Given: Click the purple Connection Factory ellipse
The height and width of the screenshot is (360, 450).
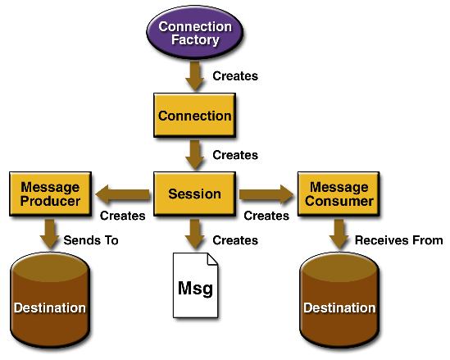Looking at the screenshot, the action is (x=195, y=33).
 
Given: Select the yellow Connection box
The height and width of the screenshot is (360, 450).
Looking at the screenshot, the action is (x=195, y=115).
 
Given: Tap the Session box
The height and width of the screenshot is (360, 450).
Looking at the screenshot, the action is (x=195, y=194).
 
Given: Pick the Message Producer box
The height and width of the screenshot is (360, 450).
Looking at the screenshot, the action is (x=51, y=194).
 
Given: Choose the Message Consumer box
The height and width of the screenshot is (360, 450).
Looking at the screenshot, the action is (x=339, y=194).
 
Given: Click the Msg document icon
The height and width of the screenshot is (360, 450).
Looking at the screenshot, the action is (x=195, y=285).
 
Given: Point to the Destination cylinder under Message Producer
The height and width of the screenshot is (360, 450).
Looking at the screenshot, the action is (x=50, y=300).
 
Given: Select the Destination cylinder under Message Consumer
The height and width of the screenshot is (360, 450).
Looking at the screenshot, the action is (x=339, y=300).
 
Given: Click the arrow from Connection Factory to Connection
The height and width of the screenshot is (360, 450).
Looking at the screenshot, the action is (x=195, y=76).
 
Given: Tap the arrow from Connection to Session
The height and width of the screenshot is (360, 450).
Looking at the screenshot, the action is (x=195, y=155).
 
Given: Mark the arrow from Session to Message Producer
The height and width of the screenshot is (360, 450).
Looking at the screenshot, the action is (x=123, y=194).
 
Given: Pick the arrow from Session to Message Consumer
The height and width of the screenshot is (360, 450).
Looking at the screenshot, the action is (x=266, y=194).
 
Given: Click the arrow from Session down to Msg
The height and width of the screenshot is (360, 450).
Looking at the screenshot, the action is (x=195, y=234).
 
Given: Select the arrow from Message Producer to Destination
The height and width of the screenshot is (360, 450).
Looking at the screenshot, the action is (x=50, y=234).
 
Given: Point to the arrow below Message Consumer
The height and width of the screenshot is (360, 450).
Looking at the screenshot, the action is (x=339, y=234).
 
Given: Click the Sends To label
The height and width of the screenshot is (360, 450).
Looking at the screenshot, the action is (x=91, y=240).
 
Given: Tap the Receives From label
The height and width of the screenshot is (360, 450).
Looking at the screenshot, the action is (x=399, y=240).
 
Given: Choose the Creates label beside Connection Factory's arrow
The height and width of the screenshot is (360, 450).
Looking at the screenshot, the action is (x=235, y=76).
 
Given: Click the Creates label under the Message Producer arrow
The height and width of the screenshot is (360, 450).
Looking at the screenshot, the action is (x=123, y=216).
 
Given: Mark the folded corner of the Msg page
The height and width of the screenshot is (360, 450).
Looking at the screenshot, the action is (x=212, y=259).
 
